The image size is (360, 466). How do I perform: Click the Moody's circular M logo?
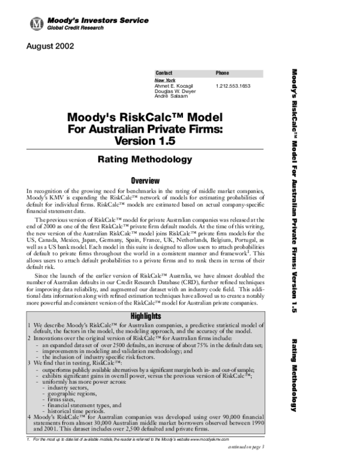(37, 23)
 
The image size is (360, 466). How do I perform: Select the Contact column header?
(164, 73)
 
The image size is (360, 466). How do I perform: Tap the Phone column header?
(222, 73)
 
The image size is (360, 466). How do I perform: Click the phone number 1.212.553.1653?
(233, 86)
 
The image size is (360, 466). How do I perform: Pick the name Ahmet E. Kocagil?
(172, 86)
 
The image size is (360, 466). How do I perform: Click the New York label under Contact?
(164, 80)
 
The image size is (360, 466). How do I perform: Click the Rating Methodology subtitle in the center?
(145, 160)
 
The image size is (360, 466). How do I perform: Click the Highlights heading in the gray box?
(145, 316)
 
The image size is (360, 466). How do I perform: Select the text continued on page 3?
(247, 448)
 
